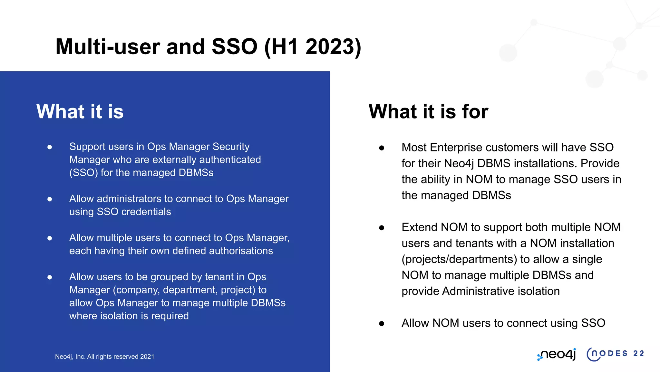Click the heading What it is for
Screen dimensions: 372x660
point(428,112)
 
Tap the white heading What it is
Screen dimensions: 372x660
point(80,112)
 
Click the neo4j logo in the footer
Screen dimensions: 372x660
point(557,354)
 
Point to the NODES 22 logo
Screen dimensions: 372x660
point(615,354)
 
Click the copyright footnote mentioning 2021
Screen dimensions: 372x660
point(104,356)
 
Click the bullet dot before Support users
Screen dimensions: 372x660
point(50,147)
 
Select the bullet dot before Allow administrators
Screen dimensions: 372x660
point(50,199)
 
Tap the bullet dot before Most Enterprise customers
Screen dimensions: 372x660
point(382,148)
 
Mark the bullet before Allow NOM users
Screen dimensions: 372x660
point(382,324)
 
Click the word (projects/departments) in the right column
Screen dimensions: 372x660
point(459,259)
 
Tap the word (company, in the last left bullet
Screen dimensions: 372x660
point(136,290)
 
